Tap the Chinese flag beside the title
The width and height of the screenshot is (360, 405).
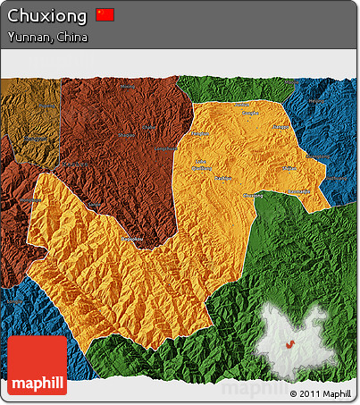(x=105, y=15)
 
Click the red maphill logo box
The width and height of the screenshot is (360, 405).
(x=37, y=365)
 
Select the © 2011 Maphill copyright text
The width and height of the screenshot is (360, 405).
(x=321, y=393)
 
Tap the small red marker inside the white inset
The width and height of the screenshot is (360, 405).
(x=289, y=344)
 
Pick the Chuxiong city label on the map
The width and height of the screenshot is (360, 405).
(x=254, y=194)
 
